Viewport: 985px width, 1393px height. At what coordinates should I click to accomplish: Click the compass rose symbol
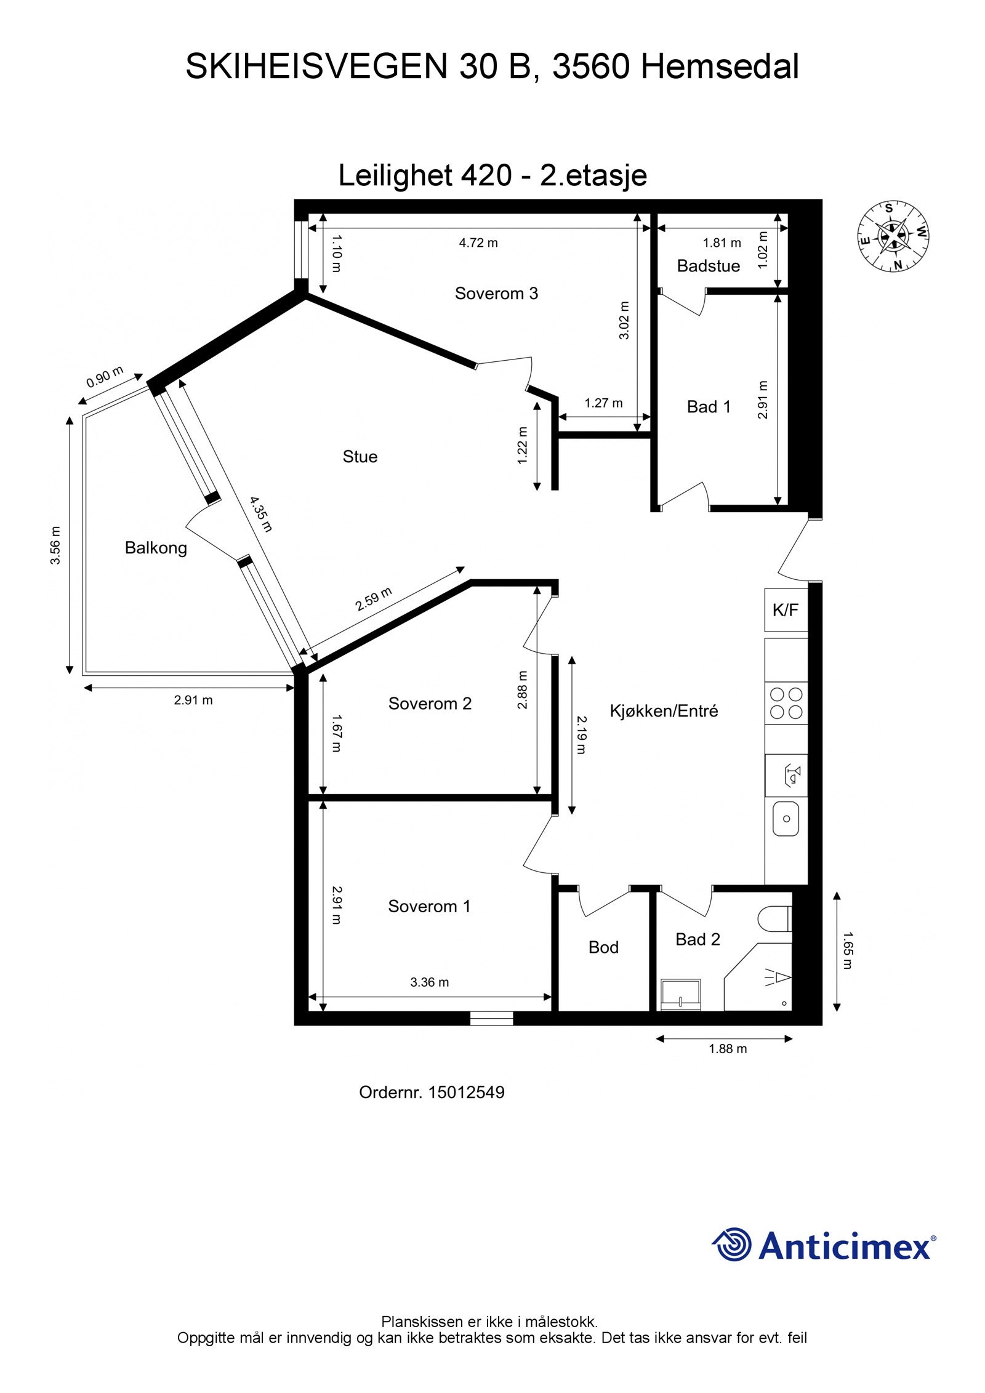pos(893,236)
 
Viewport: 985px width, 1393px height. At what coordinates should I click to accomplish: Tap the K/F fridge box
pos(786,610)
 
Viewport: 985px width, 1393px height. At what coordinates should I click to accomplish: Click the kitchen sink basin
pos(786,819)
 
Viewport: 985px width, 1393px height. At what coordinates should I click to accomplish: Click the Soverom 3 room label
pos(496,294)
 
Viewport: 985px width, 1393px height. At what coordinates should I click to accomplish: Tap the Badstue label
pos(708,266)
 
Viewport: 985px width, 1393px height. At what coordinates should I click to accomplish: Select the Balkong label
pos(156,548)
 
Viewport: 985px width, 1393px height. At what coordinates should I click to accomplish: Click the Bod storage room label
pos(603,947)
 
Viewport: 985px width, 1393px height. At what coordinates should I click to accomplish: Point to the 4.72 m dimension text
pos(478,243)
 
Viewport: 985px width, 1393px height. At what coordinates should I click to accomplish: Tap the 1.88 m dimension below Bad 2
pos(728,1049)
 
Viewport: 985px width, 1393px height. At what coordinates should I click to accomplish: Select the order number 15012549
pos(466,1093)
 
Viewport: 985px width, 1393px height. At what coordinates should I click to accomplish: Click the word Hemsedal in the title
pos(720,66)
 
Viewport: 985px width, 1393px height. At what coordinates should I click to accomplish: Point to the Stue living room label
pos(360,457)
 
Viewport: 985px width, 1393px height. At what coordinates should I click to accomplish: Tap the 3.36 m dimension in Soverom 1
pos(429,982)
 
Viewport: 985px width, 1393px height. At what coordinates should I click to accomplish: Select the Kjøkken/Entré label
pos(664,711)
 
